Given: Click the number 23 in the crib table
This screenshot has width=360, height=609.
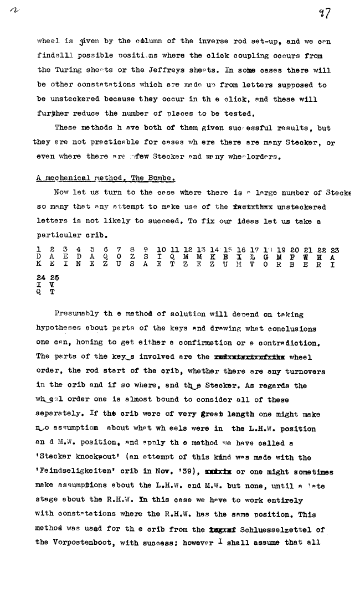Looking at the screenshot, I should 335,250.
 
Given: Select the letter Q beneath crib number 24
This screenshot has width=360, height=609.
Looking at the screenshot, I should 39,293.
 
